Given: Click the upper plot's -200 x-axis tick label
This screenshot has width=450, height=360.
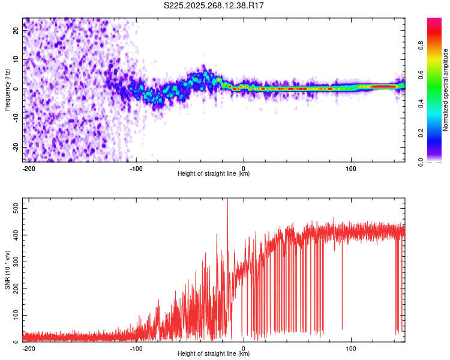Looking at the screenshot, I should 28,169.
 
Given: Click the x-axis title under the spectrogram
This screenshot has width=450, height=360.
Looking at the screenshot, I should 214,174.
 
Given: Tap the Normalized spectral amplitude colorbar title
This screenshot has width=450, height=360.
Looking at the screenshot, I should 445,90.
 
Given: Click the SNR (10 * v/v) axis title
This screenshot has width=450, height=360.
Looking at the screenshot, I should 7,270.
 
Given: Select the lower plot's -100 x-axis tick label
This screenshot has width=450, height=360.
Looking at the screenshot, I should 136,349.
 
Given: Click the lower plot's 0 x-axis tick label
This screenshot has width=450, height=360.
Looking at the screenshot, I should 244,349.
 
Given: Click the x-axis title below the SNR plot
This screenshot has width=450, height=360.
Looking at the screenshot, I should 214,354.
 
